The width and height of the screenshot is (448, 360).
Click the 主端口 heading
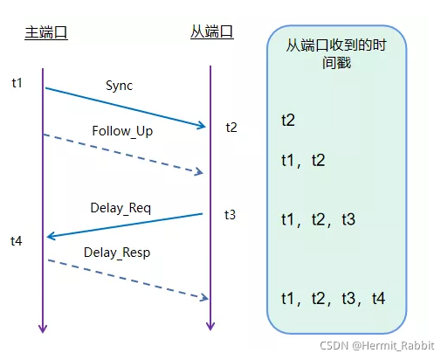(x=45, y=32)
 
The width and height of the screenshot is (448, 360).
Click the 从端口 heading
(x=212, y=32)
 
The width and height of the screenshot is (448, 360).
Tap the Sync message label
(x=120, y=86)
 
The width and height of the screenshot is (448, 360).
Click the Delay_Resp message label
(x=117, y=253)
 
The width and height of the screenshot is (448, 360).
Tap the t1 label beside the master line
(x=17, y=83)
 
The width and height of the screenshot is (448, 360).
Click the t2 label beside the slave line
(x=231, y=128)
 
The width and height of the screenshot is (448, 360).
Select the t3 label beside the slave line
(x=230, y=214)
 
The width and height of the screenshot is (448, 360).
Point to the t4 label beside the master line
(x=17, y=239)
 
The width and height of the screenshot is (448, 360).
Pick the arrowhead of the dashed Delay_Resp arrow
(x=203, y=299)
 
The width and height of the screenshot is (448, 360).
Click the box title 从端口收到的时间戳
(x=335, y=56)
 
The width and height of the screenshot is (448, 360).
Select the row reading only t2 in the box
(x=288, y=119)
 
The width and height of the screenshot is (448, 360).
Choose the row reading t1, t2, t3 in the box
(x=318, y=219)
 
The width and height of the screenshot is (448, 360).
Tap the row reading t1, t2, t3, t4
(x=333, y=299)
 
